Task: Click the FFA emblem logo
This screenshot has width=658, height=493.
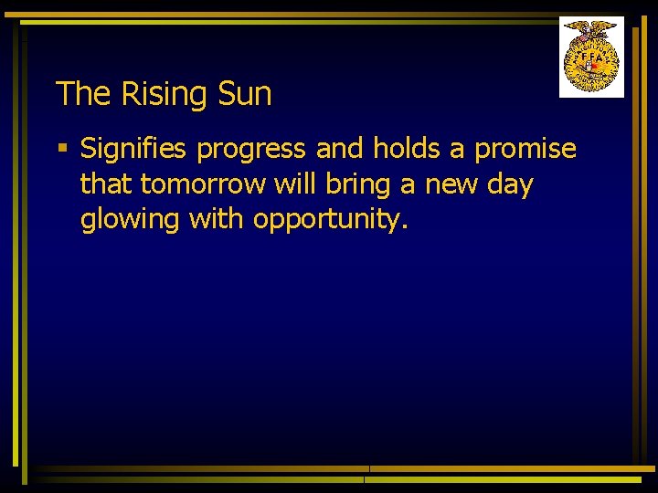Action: [x=591, y=57]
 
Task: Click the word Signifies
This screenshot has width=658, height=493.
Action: [x=134, y=149]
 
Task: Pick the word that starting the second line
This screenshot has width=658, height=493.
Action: [x=106, y=184]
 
